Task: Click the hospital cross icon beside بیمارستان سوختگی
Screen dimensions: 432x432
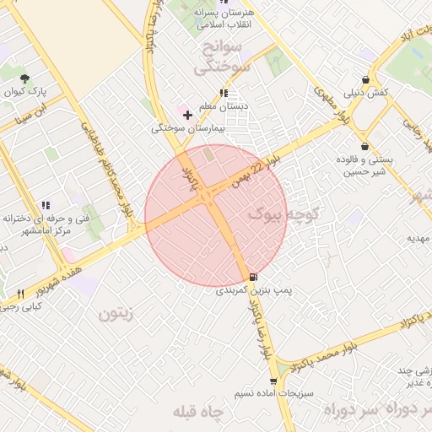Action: click(x=187, y=115)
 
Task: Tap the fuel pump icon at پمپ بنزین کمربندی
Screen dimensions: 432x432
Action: click(x=254, y=277)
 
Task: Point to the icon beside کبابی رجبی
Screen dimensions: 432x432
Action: click(x=20, y=294)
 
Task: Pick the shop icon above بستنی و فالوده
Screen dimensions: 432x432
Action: click(x=364, y=146)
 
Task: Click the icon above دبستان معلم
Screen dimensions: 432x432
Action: click(x=223, y=94)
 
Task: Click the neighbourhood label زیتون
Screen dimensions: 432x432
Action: click(x=116, y=314)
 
